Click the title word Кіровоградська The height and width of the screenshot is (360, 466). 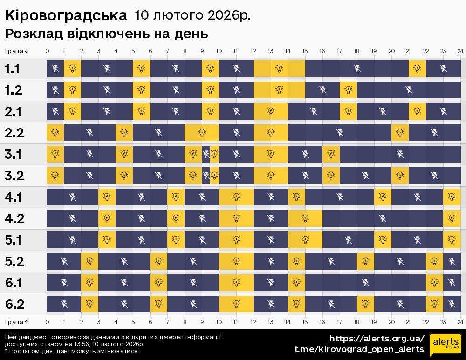pos(66,16)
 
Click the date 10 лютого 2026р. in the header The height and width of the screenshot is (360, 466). pos(192,15)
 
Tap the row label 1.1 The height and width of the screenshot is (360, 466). pos(13,69)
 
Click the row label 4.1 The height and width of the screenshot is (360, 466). pos(14,197)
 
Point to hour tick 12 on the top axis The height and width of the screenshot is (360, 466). pos(254,51)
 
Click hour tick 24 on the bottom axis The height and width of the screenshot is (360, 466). pos(460,322)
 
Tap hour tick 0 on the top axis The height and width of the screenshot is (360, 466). pos(47,51)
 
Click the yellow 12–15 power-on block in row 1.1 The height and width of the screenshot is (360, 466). pos(279,69)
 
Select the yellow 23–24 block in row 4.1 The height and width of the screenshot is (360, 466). pos(452,197)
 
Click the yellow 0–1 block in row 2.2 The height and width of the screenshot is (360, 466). pos(55,133)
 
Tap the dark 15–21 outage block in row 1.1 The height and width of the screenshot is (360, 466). pos(357,69)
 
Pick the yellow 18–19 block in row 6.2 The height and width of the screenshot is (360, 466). pos(365,305)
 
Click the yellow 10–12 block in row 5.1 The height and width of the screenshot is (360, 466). pos(236,240)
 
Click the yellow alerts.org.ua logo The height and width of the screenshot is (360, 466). pos(445,345)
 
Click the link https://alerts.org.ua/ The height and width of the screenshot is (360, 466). pos(377,339)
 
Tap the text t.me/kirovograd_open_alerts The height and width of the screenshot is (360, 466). pos(359,349)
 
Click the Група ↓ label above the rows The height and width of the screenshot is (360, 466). pos(17,51)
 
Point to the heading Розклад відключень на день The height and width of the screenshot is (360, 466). pos(106,34)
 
